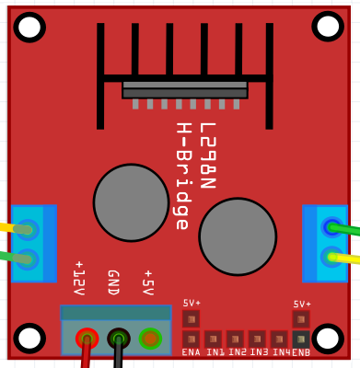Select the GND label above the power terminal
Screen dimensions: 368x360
[112, 282]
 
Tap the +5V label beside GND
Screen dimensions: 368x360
[147, 282]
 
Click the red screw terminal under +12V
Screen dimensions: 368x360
[87, 339]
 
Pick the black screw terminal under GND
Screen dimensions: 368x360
[118, 339]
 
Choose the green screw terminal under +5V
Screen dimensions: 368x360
[150, 339]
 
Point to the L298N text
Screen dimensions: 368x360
[207, 155]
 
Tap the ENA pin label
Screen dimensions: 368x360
[191, 352]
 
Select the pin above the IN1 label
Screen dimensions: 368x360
[213, 339]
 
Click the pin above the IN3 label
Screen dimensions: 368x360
[257, 339]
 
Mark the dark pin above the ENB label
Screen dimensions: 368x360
[301, 339]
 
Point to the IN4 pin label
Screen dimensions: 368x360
[280, 352]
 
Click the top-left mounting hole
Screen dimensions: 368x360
[29, 27]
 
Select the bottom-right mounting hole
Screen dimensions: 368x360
[328, 338]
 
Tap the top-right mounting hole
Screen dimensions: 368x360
[328, 27]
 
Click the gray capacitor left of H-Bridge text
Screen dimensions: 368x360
[131, 202]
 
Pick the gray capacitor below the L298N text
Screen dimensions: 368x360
[238, 236]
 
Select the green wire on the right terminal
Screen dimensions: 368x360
[346, 229]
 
